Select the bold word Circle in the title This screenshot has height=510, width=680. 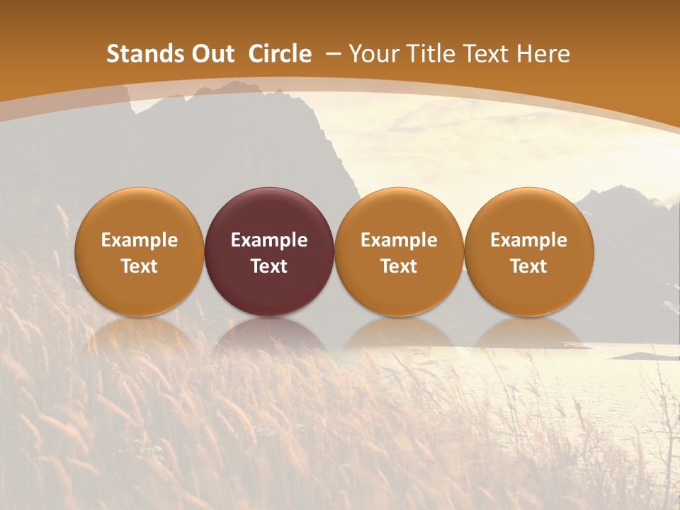[x=280, y=54]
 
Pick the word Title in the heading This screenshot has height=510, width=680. [x=429, y=54]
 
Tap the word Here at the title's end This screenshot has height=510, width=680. [x=543, y=54]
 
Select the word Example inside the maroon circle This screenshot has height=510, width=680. [x=269, y=240]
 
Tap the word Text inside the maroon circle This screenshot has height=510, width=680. [x=269, y=266]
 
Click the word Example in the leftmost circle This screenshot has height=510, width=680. [x=140, y=240]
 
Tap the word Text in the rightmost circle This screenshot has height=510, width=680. [x=528, y=266]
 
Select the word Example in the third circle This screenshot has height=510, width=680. [x=399, y=240]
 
